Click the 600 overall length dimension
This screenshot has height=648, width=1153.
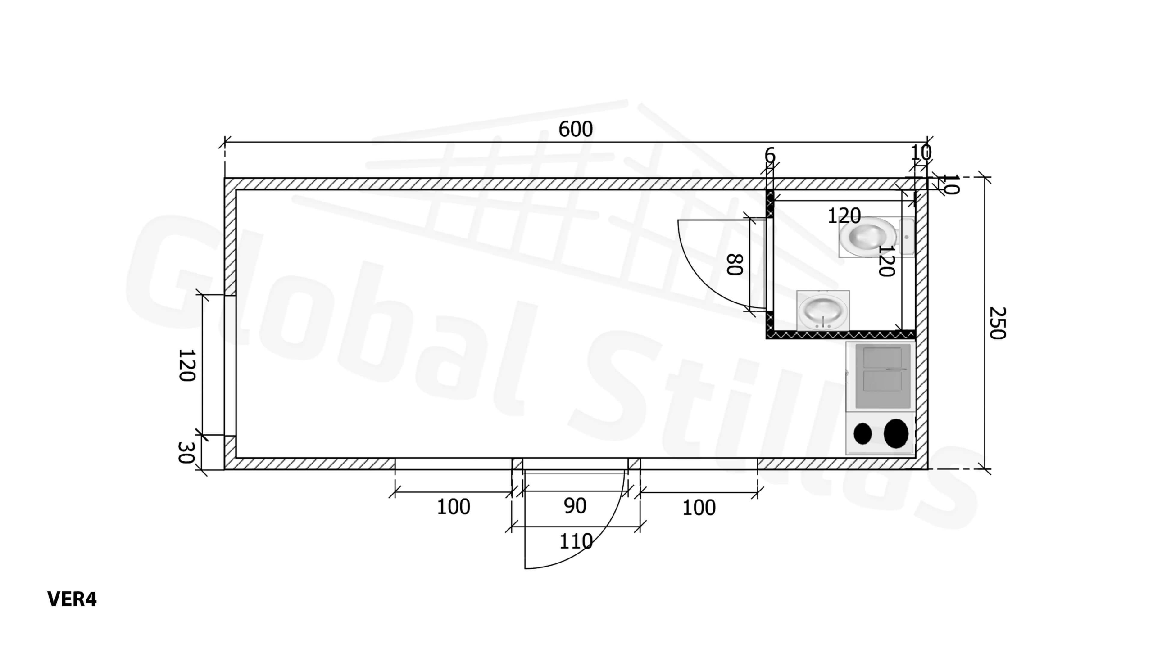click(575, 129)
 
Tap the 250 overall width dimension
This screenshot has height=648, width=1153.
click(997, 323)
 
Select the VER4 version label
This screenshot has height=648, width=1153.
click(72, 599)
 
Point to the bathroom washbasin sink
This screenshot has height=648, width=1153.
click(823, 310)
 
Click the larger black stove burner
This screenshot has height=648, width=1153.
click(896, 433)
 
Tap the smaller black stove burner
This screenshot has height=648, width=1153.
click(862, 434)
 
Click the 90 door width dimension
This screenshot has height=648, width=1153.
click(575, 506)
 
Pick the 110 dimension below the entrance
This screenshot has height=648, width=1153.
click(576, 541)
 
